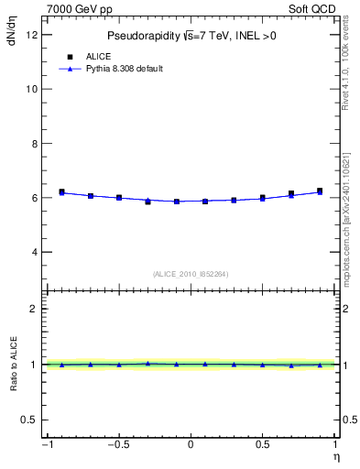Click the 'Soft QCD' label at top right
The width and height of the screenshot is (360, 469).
(x=313, y=9)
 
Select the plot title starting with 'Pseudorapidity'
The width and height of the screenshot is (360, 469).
(x=191, y=36)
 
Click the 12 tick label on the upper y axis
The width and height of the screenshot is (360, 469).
(x=31, y=35)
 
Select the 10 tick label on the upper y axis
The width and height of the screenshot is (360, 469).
(x=31, y=89)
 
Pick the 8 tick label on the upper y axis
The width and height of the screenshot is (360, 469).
(x=34, y=144)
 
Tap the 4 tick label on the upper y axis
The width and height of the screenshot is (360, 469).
(x=34, y=252)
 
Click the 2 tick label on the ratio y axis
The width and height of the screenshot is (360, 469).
(x=34, y=309)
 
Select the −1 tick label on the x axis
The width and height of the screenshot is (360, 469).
(x=46, y=445)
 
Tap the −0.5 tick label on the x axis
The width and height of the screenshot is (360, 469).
(x=117, y=445)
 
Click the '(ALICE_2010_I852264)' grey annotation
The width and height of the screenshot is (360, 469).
(x=191, y=275)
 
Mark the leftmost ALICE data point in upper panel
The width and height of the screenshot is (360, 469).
(x=61, y=192)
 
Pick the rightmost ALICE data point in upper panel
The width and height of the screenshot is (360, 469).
(x=320, y=191)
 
